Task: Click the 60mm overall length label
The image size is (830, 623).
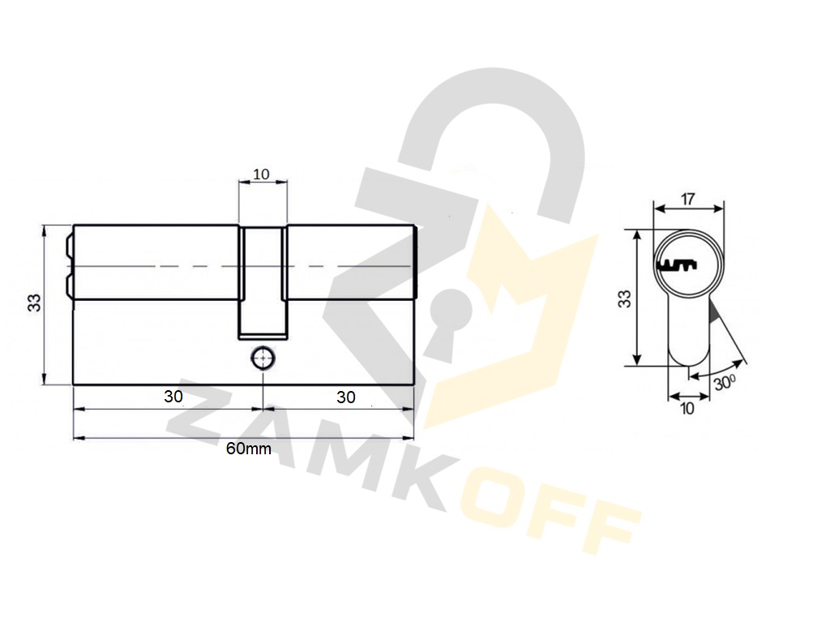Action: [x=248, y=449]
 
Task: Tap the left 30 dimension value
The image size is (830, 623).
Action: [x=173, y=396]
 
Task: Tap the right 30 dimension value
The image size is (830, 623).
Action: [x=345, y=397]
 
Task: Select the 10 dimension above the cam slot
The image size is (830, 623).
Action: [x=262, y=174]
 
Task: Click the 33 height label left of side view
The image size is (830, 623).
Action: [x=34, y=303]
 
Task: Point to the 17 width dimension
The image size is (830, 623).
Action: [x=687, y=200]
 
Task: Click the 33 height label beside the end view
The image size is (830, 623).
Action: [x=626, y=299]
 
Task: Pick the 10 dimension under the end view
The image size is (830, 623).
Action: [x=687, y=409]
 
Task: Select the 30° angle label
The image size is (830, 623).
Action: [x=725, y=383]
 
